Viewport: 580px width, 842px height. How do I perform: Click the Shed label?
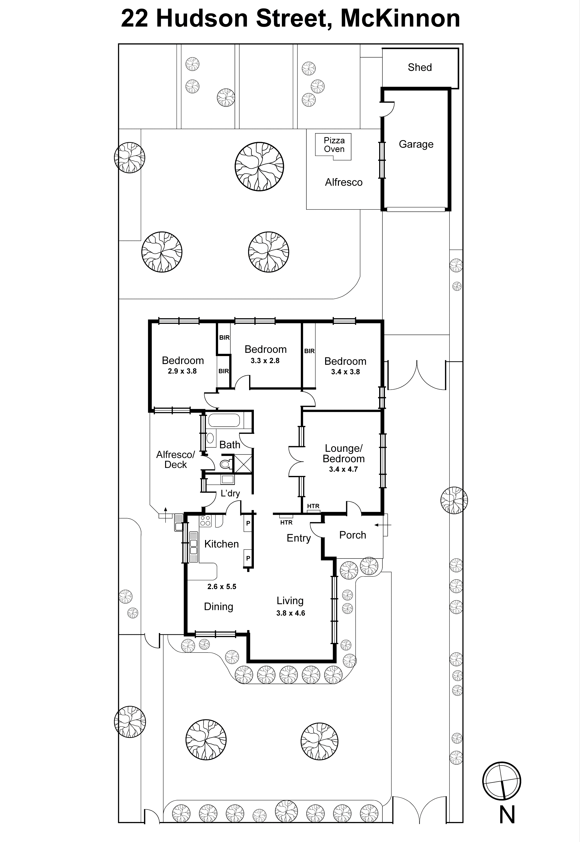[x=419, y=67]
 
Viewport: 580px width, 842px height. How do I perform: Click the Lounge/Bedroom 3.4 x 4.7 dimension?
[x=343, y=469]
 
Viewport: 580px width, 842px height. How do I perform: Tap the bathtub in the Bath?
[x=224, y=421]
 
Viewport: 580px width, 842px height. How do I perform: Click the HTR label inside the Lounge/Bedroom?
[x=313, y=506]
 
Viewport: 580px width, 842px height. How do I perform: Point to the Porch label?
[x=352, y=535]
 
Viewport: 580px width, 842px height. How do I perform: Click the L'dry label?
[x=230, y=493]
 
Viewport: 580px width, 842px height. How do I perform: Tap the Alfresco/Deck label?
[x=176, y=460]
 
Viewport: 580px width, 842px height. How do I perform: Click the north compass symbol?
[x=501, y=781]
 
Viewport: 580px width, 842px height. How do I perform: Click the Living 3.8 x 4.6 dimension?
[x=290, y=613]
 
